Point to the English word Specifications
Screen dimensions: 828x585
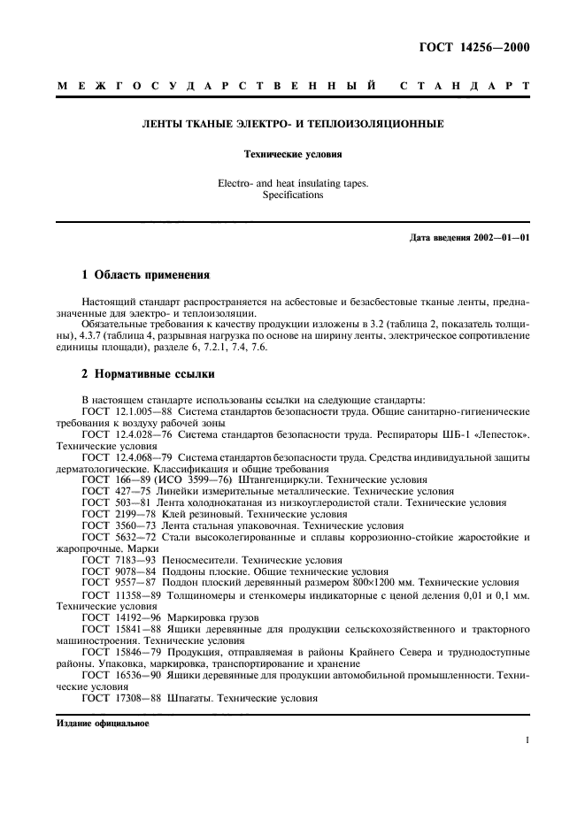pos(293,195)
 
